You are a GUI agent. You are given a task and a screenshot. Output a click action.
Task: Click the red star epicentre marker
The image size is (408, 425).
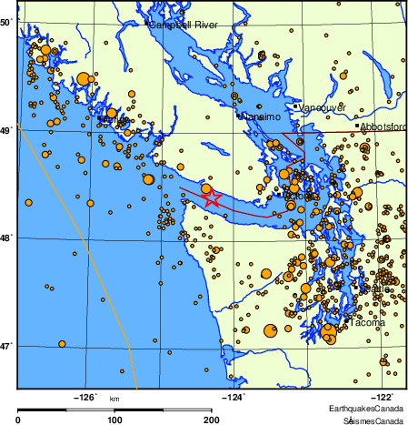(x=212, y=197)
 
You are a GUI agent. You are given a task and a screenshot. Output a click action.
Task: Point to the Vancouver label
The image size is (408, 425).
(x=322, y=107)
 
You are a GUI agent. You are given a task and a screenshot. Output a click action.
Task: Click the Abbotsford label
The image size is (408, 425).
(x=384, y=127)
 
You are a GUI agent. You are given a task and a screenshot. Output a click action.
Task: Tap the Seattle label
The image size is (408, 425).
(x=374, y=289)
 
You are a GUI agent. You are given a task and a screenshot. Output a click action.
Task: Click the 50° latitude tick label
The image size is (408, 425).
(x=5, y=20)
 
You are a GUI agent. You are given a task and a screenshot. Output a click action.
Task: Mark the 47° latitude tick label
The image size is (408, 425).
(x=5, y=345)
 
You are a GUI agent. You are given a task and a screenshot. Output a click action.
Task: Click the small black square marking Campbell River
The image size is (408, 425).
(x=146, y=23)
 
